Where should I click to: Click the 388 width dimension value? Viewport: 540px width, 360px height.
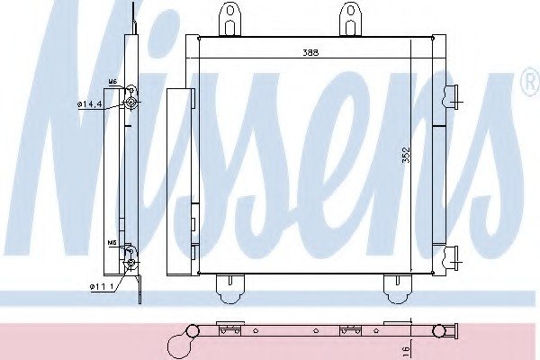coord(310,52)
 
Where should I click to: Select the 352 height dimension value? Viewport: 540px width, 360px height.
coord(407,155)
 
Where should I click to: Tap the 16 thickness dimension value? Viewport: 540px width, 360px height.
coord(407,350)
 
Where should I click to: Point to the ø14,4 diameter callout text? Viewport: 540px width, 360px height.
coord(89,103)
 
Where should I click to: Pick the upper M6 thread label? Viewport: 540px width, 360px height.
coord(113,82)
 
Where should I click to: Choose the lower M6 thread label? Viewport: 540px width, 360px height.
coord(112,243)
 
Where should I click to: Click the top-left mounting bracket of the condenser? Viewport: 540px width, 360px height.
coord(230,18)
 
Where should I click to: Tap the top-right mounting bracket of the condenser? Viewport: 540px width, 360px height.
coord(351,18)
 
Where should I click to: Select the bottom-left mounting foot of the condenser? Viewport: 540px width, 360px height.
coord(230,289)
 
